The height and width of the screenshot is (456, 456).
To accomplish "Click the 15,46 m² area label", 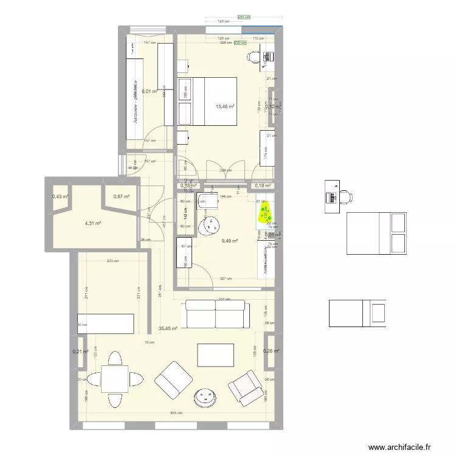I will pyautogui.click(x=225, y=106).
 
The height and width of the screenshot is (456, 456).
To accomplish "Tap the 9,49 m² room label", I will pyautogui.click(x=229, y=241).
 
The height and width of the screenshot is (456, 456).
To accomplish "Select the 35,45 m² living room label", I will pyautogui.click(x=167, y=328).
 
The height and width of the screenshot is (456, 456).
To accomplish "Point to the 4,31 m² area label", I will pyautogui.click(x=92, y=223).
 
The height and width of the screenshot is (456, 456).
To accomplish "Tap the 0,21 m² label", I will pyautogui.click(x=81, y=351).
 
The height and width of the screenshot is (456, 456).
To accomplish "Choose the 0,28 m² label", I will pyautogui.click(x=271, y=351).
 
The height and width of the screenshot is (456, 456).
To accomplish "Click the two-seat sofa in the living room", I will pyautogui.click(x=217, y=314).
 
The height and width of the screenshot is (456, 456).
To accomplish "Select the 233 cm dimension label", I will pyautogui.click(x=112, y=261).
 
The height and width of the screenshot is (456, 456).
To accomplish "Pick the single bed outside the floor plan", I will pyautogui.click(x=358, y=313).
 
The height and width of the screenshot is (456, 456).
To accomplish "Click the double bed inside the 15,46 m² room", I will pyautogui.click(x=207, y=102).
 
